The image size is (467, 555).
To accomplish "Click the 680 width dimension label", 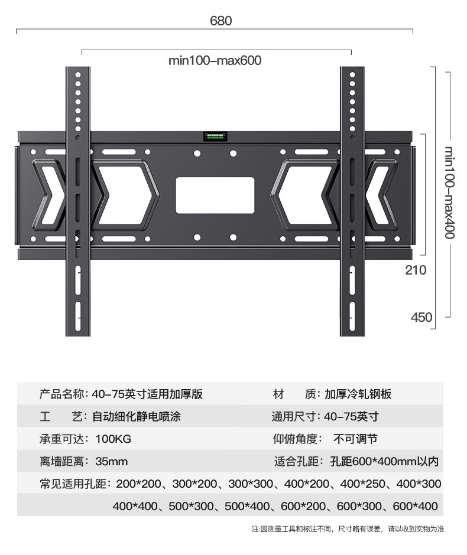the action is (x=221, y=21).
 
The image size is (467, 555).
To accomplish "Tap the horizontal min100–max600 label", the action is (x=215, y=60).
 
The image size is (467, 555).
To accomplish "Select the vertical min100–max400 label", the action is (x=449, y=192).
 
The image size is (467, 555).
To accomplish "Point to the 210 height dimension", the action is (x=416, y=270).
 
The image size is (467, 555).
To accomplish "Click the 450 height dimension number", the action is (x=421, y=317).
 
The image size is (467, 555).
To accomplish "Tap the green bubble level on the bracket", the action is (x=215, y=137).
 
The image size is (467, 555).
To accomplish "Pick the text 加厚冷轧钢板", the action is (x=358, y=394).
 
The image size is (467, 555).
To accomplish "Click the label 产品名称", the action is (x=63, y=394).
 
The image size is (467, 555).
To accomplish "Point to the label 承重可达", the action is (x=63, y=439).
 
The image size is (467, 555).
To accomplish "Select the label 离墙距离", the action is (x=63, y=461).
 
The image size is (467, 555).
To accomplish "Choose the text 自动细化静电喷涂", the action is (x=137, y=417).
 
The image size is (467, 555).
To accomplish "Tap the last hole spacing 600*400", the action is (x=417, y=506).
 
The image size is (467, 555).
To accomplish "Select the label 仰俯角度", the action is (x=296, y=439).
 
